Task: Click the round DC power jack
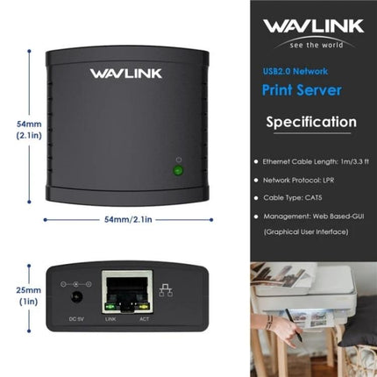tap(75, 297)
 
